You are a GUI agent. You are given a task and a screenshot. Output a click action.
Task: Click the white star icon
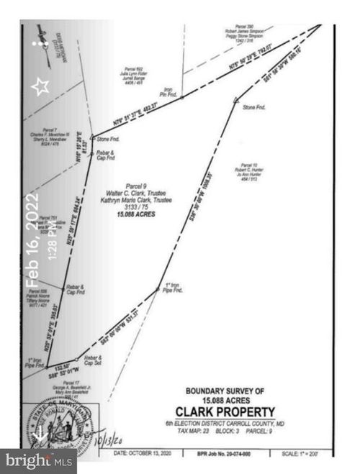(x=40, y=86)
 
